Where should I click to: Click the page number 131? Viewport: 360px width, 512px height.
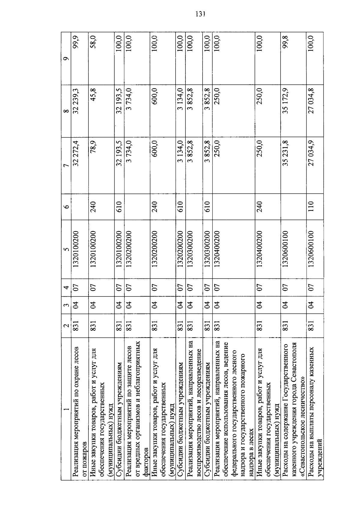click(x=200, y=14)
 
